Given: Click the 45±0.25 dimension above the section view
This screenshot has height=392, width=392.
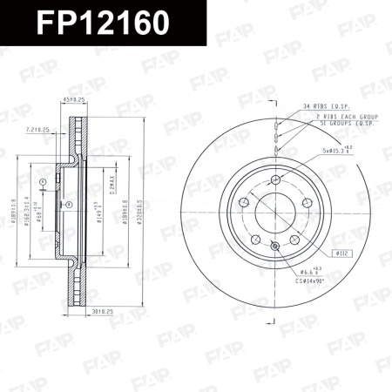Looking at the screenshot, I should tap(74, 99).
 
